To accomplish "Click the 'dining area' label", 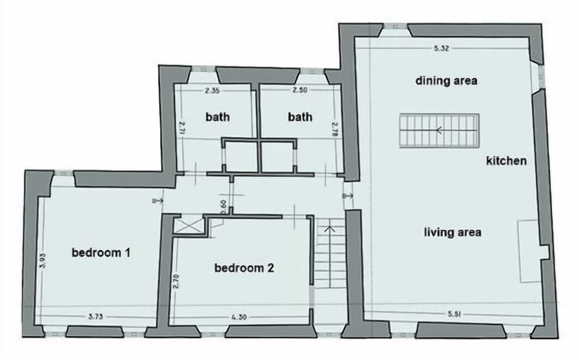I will pos(446,80).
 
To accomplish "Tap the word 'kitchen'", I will pos(507,161).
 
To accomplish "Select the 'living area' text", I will pos(452,232).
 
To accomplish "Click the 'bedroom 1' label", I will pos(101,253).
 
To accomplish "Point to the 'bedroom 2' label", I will pos(244,268).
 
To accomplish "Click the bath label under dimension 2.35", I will pos(218,117).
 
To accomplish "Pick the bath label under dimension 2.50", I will pos(300,117).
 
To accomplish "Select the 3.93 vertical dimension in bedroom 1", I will pos(43,262).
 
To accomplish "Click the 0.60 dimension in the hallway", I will pos(223,207).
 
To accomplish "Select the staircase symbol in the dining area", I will pos(438,130).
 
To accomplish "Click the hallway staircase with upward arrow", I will pos(329,253).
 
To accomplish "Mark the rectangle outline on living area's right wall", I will pos(529,251).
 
